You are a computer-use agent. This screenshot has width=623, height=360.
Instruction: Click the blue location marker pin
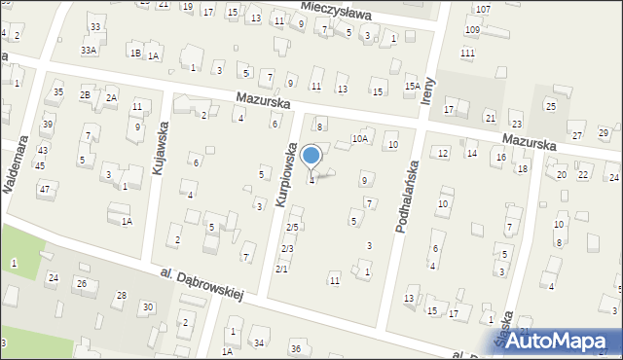[311, 157]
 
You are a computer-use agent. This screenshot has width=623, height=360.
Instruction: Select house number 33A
[88, 50]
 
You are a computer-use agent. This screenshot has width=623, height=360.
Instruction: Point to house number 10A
[359, 139]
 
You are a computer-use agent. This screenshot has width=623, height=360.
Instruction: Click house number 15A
[413, 87]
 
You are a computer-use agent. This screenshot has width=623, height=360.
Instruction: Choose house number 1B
[135, 54]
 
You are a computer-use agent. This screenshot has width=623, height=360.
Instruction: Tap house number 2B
[86, 94]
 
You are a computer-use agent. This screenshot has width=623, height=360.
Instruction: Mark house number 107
[484, 9]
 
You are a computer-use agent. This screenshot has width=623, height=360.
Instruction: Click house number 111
[468, 53]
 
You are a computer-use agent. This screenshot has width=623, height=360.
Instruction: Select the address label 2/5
[290, 227]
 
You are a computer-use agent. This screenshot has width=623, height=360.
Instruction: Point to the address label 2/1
[281, 269]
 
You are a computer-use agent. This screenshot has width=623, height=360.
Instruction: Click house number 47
[44, 189]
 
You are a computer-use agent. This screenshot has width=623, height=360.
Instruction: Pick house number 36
[296, 348]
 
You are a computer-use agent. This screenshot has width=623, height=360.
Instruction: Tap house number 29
[604, 132]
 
